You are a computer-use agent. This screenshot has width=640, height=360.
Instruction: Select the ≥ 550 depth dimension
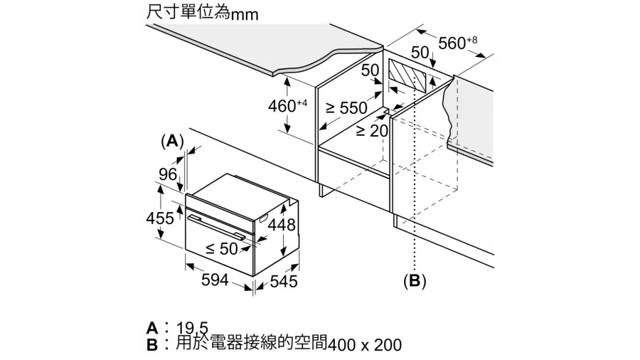coord(346,108)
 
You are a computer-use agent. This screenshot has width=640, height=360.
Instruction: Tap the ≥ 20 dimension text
coord(372,131)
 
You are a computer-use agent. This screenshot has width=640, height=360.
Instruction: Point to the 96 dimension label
coord(168,174)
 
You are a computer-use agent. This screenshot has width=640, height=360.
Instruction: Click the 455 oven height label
coord(160,218)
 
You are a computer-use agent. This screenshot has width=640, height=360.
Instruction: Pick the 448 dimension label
coord(281,225)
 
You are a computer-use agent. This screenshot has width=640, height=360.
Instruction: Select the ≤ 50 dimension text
coord(222,248)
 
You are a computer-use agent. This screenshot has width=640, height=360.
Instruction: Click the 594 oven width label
coord(215,280)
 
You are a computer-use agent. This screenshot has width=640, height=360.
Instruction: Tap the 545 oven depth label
coord(284,281)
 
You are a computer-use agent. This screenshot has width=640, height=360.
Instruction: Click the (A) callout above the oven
coord(172,141)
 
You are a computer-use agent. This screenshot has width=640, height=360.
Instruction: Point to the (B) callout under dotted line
coord(415,281)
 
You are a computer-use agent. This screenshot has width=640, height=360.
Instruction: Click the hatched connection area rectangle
coord(407,75)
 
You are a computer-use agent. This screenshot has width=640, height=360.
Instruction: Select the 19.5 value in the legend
coord(192,328)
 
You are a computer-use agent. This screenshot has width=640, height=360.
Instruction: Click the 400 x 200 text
coord(365,345)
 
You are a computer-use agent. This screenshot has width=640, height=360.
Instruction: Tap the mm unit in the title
coord(245,15)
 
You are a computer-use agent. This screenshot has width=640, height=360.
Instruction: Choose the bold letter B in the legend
coord(152,345)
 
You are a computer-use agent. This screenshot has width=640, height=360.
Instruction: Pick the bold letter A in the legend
coord(152,328)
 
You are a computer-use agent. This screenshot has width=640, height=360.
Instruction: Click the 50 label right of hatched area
coord(420,52)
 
